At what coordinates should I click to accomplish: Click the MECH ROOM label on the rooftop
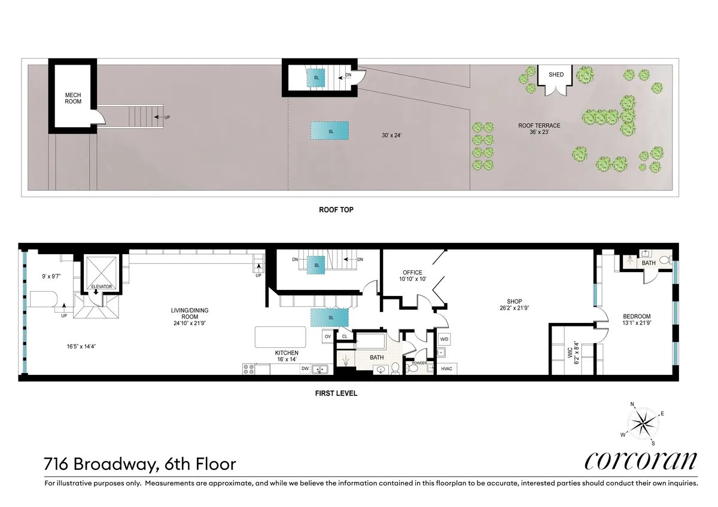coord(72,99)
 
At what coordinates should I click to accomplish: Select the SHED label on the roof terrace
coord(556,75)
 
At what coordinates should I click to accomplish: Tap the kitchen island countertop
coord(282,337)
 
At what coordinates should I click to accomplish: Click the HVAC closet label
coord(447,368)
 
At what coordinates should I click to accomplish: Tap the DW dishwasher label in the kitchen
coord(305,369)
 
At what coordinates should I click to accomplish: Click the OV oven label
coord(328,337)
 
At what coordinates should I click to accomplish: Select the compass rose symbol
coord(643,423)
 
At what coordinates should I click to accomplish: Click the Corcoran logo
coord(640,460)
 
